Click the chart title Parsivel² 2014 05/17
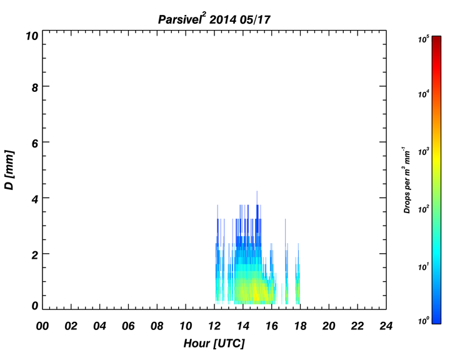pos(214,19)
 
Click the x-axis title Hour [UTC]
pos(214,343)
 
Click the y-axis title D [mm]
pos(9,170)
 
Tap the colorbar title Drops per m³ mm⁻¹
pos(407,180)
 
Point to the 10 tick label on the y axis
pos(32,36)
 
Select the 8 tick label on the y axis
pos(35,87)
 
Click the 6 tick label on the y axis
pos(35,144)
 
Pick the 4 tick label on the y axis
pos(35,199)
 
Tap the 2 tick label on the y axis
pos(35,255)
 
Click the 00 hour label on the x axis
pos(42,326)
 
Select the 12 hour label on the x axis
pos(214,326)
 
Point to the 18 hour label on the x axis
pos(300,326)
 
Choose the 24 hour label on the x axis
pos(386,326)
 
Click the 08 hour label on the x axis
pos(157,326)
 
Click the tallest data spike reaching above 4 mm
pos(257,198)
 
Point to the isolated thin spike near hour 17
pos(285,232)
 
